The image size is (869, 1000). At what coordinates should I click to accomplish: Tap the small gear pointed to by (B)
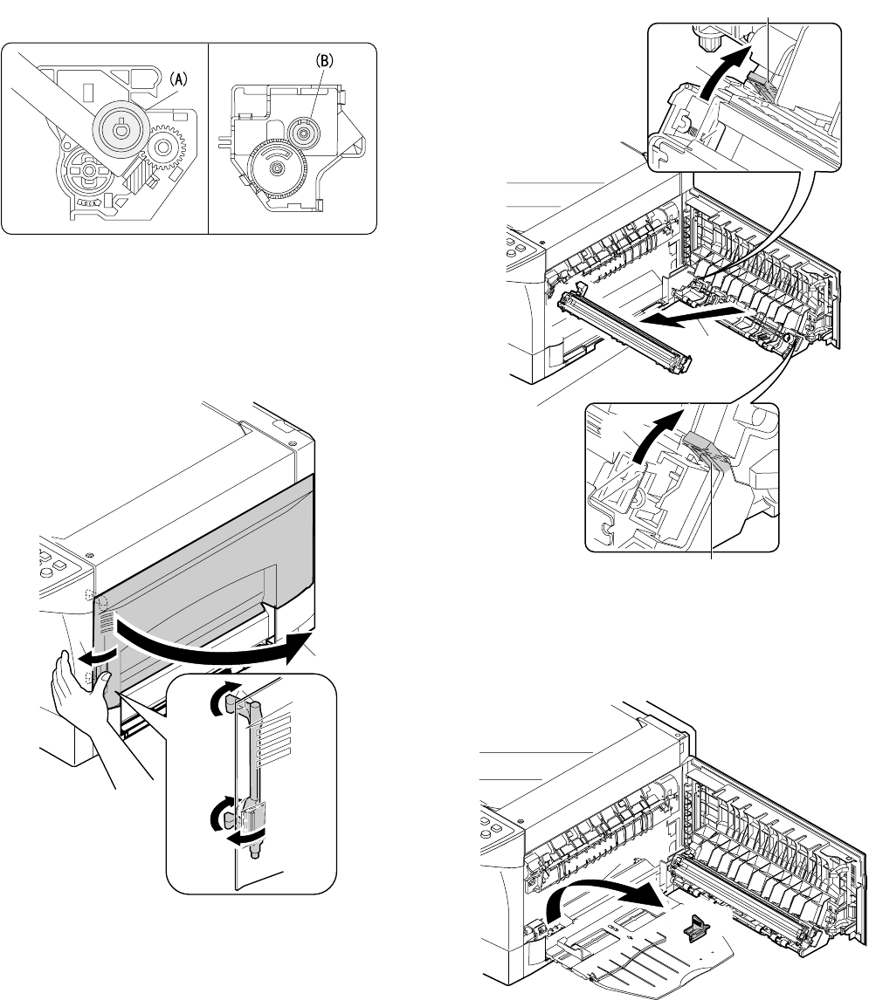302,135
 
